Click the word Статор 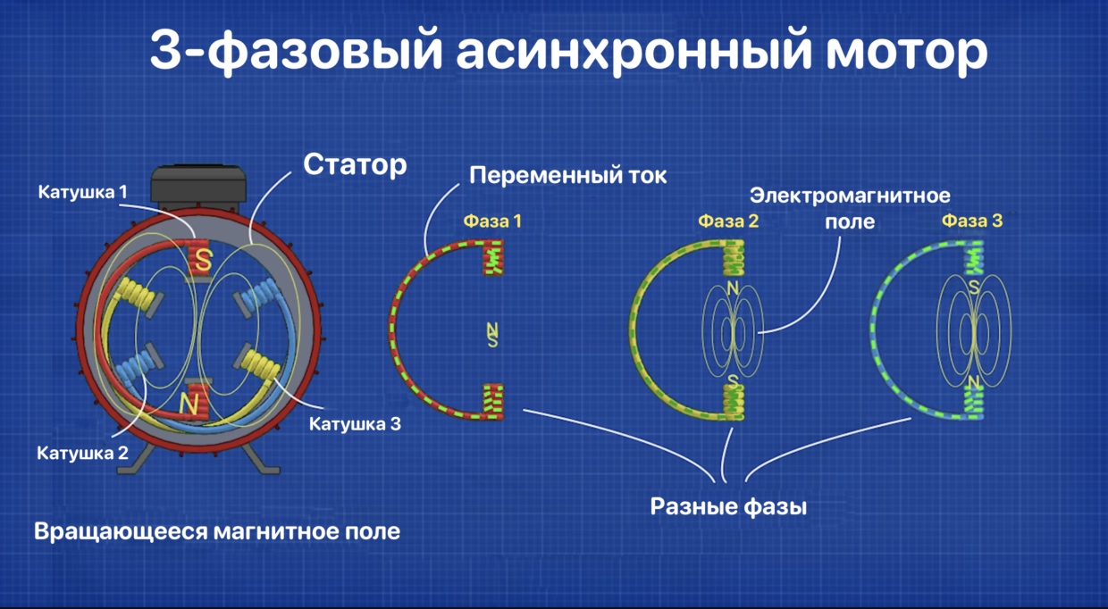coord(355,164)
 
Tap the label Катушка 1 coord(82,192)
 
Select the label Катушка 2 coord(82,453)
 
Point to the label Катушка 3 coord(355,423)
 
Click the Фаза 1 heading coord(492,221)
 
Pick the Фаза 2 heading coord(728,221)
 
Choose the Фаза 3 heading coord(972,221)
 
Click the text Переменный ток coord(568,176)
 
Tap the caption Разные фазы coord(728,506)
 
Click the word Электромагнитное coord(850,196)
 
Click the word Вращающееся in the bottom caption coord(121,532)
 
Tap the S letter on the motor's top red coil coord(204,260)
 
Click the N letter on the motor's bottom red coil coord(189,404)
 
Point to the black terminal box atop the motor coord(198,187)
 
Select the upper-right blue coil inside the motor coord(259,296)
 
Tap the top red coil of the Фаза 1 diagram coord(493,257)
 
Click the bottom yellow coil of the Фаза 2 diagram coord(734,403)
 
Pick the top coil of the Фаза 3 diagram coord(973,257)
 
